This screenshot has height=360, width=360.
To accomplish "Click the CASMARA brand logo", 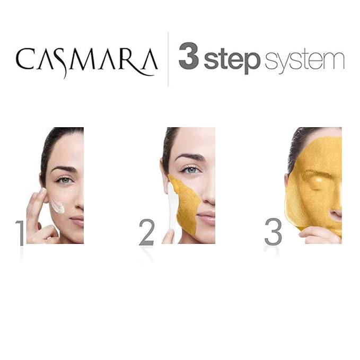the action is click(x=87, y=62).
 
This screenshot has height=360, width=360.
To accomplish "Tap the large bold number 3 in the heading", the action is click(x=188, y=56).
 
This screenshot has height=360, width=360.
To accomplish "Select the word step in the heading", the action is click(x=232, y=60).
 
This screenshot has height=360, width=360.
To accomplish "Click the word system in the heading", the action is click(x=304, y=60).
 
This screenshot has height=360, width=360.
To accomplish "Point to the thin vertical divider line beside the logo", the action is click(x=168, y=60).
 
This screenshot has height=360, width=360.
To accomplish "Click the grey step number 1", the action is click(x=20, y=233).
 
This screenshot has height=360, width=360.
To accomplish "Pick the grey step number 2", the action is click(x=147, y=232).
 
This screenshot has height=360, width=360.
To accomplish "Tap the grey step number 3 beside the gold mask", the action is click(x=273, y=232).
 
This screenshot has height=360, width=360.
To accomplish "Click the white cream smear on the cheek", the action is click(x=57, y=206).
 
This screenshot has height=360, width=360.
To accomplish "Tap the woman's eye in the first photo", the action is click(x=65, y=180).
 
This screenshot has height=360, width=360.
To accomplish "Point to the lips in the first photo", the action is click(x=77, y=220).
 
